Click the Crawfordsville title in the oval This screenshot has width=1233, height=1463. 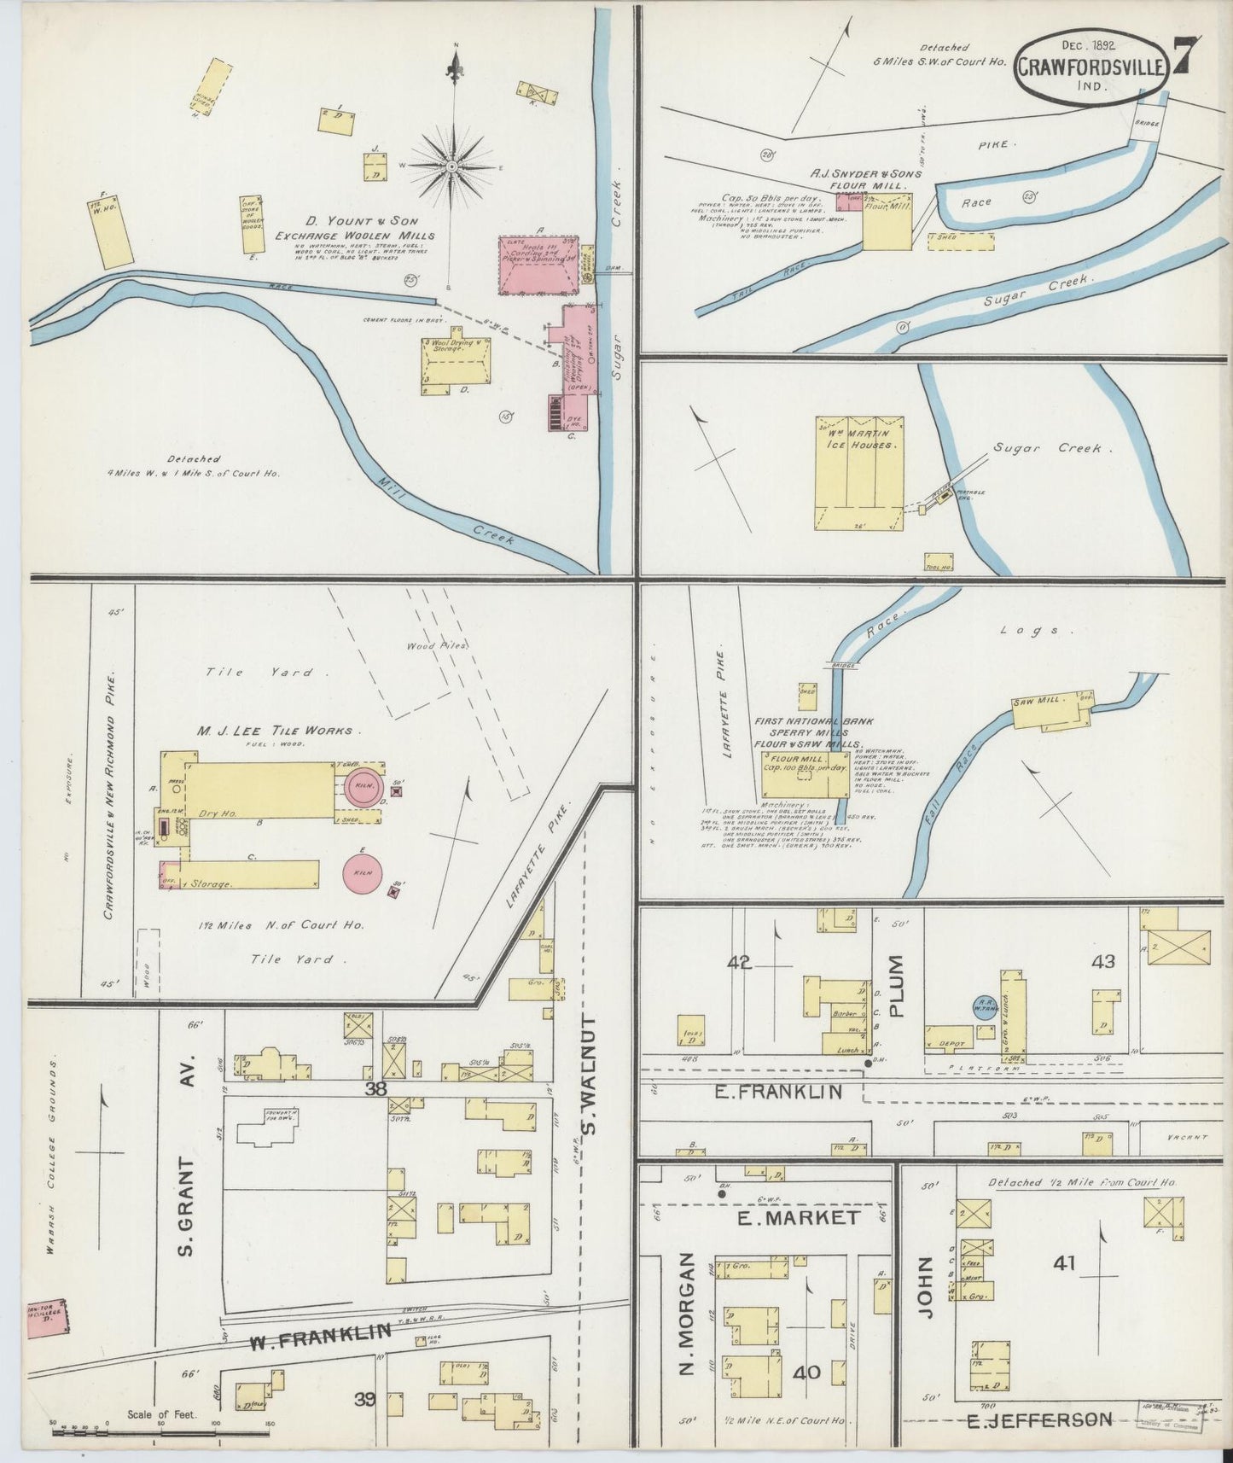pos(1089,67)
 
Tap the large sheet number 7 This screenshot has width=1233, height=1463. pos(1186,58)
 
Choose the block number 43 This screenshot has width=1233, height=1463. pos(1103,961)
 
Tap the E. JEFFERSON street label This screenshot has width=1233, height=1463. pos(1039,1420)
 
